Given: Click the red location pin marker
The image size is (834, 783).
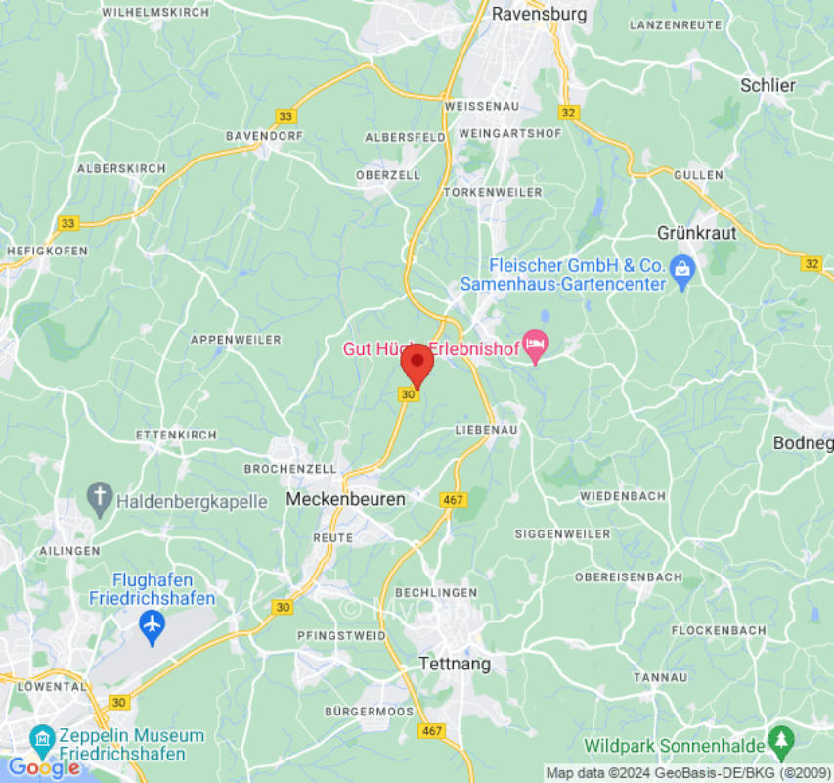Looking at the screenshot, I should click(x=417, y=364).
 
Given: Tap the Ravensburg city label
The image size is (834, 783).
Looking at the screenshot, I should click(x=539, y=14).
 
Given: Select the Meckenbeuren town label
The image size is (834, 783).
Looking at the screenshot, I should click(x=345, y=499).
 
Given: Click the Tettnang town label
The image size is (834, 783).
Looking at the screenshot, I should click(x=454, y=664).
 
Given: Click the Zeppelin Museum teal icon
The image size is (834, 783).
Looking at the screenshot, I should click(x=42, y=737).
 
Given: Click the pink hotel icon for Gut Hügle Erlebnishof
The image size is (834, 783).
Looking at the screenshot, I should click(x=535, y=345).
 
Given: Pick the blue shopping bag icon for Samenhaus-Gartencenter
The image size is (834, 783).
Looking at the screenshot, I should click(x=682, y=266).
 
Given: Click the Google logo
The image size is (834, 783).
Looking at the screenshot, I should click(x=43, y=768).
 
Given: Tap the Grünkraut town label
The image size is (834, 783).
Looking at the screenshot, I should click(x=696, y=234).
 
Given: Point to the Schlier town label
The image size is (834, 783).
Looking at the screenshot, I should click(x=768, y=85).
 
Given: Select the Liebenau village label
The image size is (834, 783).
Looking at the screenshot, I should click(x=486, y=430).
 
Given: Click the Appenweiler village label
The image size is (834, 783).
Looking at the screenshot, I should click(x=236, y=340).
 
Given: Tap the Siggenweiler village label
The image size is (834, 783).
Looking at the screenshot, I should click(x=562, y=534).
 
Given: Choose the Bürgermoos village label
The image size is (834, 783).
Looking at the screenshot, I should click(x=370, y=711).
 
